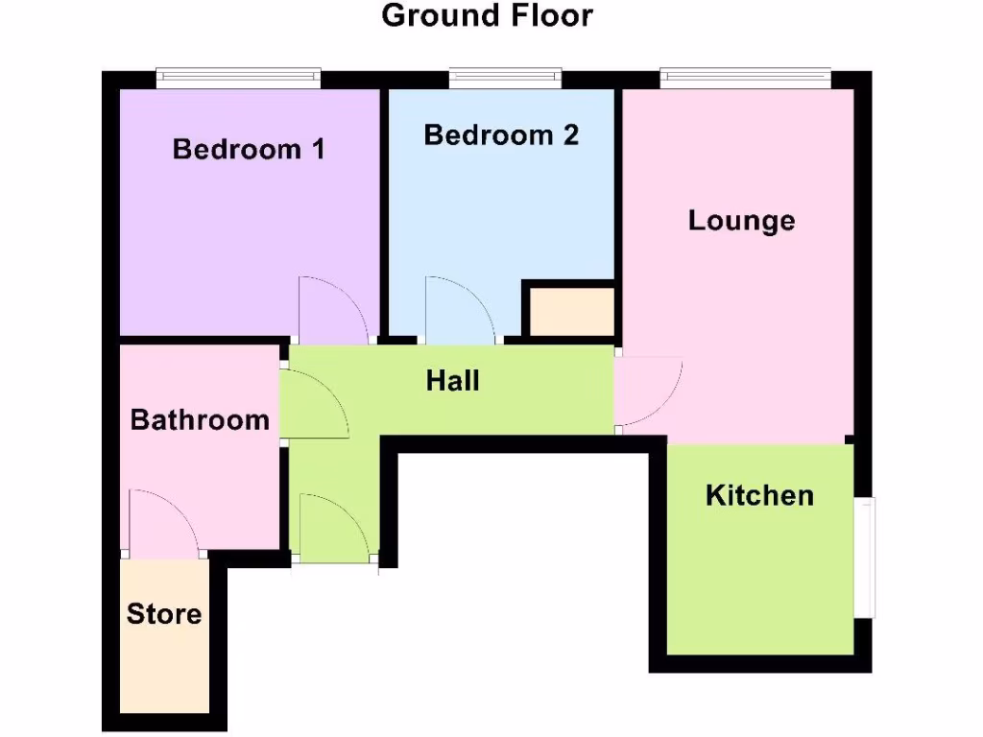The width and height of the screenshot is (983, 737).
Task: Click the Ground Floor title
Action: tap(488, 16)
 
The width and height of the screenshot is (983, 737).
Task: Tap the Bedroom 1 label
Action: tap(249, 150)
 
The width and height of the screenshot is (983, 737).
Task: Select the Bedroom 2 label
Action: tap(501, 135)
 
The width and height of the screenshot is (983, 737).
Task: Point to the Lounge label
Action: tap(741, 221)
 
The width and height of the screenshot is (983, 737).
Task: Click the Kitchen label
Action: tap(759, 496)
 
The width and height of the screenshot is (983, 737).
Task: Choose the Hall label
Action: tap(452, 381)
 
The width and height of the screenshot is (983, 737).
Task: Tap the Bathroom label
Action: tap(200, 420)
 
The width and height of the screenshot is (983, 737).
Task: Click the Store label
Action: tap(164, 614)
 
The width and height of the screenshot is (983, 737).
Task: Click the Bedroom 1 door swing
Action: tap(330, 312)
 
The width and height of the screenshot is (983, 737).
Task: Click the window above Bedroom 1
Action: tap(239, 75)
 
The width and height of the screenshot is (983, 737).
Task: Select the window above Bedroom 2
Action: tap(505, 75)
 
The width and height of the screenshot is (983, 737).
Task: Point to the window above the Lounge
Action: tap(745, 75)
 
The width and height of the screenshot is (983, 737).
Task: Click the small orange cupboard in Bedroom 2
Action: tap(569, 312)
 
